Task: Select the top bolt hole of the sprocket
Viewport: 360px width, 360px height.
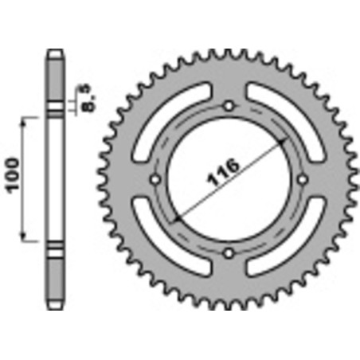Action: click(229, 105)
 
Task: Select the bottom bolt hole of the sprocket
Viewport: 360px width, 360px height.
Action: click(229, 253)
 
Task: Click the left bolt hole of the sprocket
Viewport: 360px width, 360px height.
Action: click(155, 179)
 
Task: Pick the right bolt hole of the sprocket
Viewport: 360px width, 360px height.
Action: click(303, 179)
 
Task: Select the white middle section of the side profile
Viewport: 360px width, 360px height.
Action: click(54, 179)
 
